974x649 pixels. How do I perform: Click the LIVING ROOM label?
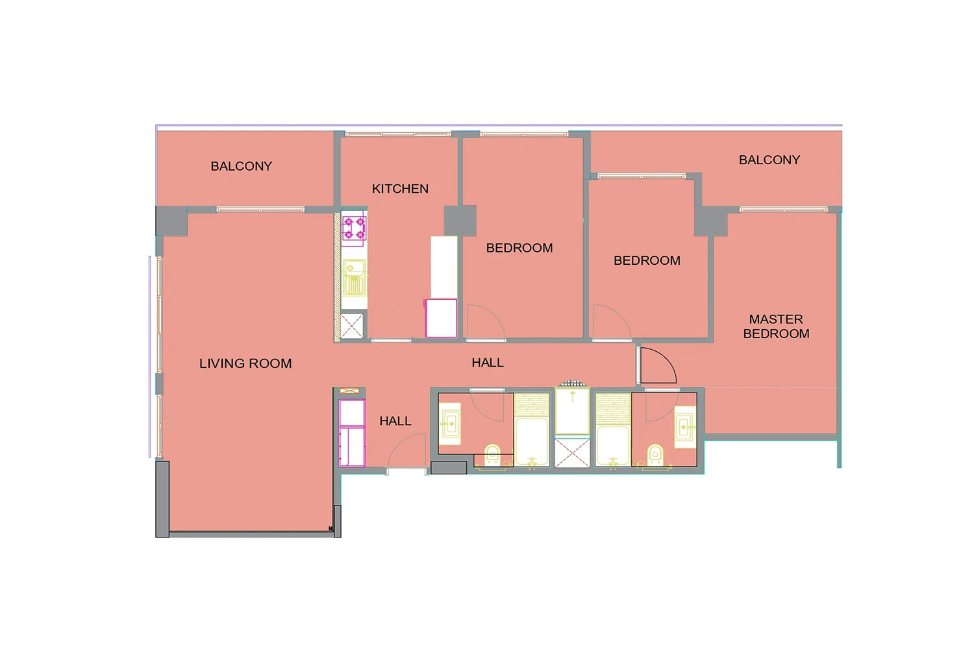[x=245, y=363]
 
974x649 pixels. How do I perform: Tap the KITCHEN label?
[x=400, y=189]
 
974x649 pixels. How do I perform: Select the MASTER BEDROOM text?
[x=776, y=326]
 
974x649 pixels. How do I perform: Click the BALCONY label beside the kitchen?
[x=242, y=166]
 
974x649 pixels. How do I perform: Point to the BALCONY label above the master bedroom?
[x=769, y=160]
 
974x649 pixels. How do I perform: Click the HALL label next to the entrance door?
[x=395, y=421]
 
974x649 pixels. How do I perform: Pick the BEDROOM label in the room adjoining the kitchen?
[x=519, y=248]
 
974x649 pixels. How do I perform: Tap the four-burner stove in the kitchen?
[x=354, y=228]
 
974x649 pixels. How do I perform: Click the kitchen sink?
[x=355, y=278]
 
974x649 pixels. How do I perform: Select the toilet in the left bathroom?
[x=492, y=455]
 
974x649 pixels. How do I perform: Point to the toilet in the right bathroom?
[x=655, y=455]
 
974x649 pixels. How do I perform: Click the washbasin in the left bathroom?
[x=449, y=424]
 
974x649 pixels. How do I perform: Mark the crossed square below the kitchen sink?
[x=351, y=326]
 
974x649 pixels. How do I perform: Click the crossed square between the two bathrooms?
[x=572, y=453]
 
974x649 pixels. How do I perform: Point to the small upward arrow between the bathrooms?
[x=573, y=396]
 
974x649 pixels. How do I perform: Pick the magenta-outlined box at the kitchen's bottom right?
[x=441, y=318]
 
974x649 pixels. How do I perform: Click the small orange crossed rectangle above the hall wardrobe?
[x=349, y=391]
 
